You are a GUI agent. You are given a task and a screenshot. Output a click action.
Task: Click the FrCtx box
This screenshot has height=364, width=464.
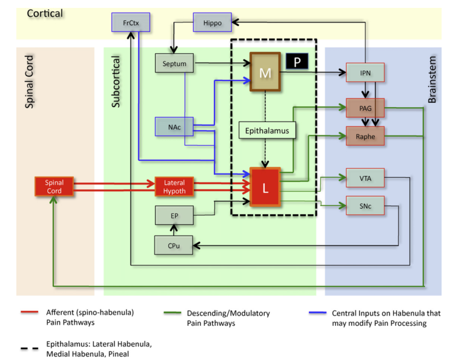click(130, 23)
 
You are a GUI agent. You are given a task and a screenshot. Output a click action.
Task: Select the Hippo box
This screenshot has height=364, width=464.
click(211, 23)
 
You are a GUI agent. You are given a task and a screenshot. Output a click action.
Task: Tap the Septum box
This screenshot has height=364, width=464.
click(174, 63)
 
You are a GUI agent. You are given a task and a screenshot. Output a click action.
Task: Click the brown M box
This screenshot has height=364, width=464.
click(264, 72)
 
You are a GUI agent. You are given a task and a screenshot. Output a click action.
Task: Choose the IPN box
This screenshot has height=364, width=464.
click(365, 73)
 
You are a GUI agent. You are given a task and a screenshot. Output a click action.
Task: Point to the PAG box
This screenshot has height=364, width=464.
click(365, 108)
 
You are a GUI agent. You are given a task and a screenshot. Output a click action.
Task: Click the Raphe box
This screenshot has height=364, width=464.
click(365, 137)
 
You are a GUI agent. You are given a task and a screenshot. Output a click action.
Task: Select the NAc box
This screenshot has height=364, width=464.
click(174, 127)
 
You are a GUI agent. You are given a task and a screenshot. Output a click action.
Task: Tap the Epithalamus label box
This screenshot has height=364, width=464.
click(267, 129)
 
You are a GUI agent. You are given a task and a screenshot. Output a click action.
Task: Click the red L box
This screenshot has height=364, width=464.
click(265, 187)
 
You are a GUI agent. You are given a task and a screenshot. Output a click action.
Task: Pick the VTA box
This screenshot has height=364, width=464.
click(365, 178)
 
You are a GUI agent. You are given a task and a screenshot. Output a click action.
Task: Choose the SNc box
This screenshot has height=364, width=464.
click(365, 206)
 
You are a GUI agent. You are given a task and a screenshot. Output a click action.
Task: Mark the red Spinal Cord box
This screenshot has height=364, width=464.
click(54, 187)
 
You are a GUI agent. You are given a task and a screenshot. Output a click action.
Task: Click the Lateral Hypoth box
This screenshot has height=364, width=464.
click(174, 187)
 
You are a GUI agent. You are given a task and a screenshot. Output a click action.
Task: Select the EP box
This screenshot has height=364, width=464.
click(174, 215)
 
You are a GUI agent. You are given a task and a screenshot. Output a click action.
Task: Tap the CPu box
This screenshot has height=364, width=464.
click(174, 244)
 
